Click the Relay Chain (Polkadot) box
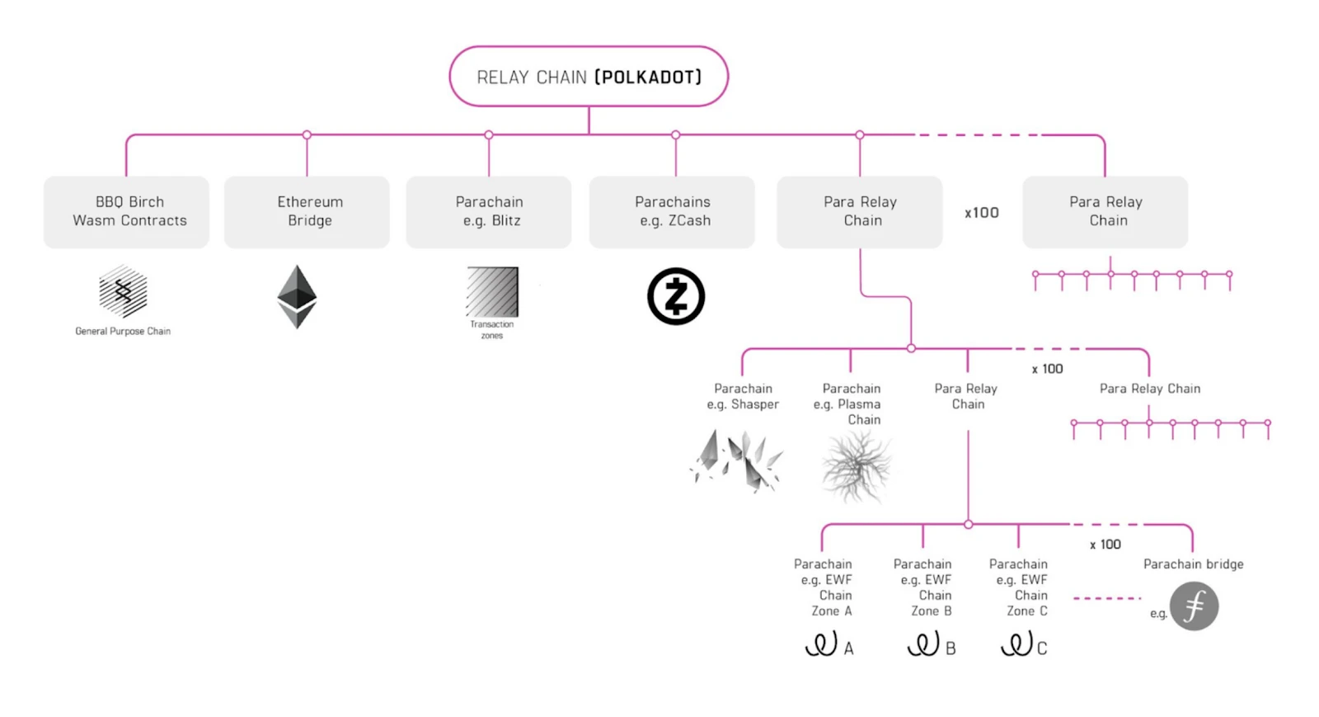589,77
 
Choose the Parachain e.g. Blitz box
489,212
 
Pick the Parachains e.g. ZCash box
672,212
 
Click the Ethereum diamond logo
297,296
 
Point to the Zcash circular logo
676,296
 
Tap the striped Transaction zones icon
492,291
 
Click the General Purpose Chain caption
123,331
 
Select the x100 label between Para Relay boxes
982,213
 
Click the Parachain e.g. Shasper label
743,396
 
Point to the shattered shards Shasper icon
736,461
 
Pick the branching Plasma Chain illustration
857,467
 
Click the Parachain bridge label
1193,564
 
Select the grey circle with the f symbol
1194,606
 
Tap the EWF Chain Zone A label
824,587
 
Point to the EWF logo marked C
1023,644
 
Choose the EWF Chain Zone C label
1019,587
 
